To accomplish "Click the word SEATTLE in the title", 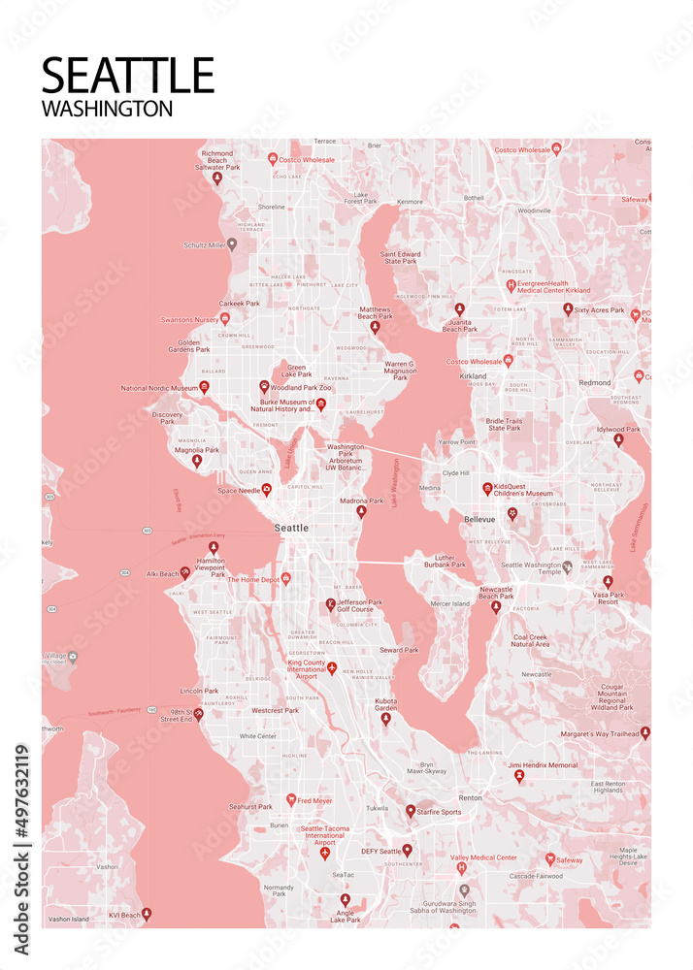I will coord(127,76).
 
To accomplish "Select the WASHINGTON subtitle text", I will coord(107,109).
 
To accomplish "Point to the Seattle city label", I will coord(291,528).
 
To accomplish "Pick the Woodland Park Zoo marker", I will coord(263,386).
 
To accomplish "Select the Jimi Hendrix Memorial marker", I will coord(519,775).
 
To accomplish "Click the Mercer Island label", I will coord(449,603).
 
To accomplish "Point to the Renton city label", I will coord(470,797).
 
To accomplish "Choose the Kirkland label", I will coord(474,375).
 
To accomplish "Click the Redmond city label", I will coord(594,383).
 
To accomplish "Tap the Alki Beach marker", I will coord(184,572).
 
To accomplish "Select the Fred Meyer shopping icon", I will coord(290,800).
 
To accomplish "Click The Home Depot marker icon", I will coord(285,578).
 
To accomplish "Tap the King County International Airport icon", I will coord(332,668).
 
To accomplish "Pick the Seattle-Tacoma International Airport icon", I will coord(325,852).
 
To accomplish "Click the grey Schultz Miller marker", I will coord(232,244).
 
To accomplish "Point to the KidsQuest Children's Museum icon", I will coord(487,488).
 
